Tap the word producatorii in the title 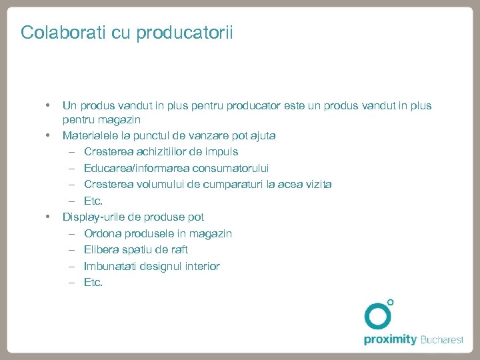coord(185,33)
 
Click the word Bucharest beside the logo coord(441,340)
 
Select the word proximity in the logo coord(390,340)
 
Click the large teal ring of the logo coord(378,316)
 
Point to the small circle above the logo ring coord(391,302)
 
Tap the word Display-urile coord(94,217)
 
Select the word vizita coord(317,185)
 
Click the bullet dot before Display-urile coord(47,216)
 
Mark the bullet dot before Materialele coord(47,135)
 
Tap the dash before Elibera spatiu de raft coord(71,250)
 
